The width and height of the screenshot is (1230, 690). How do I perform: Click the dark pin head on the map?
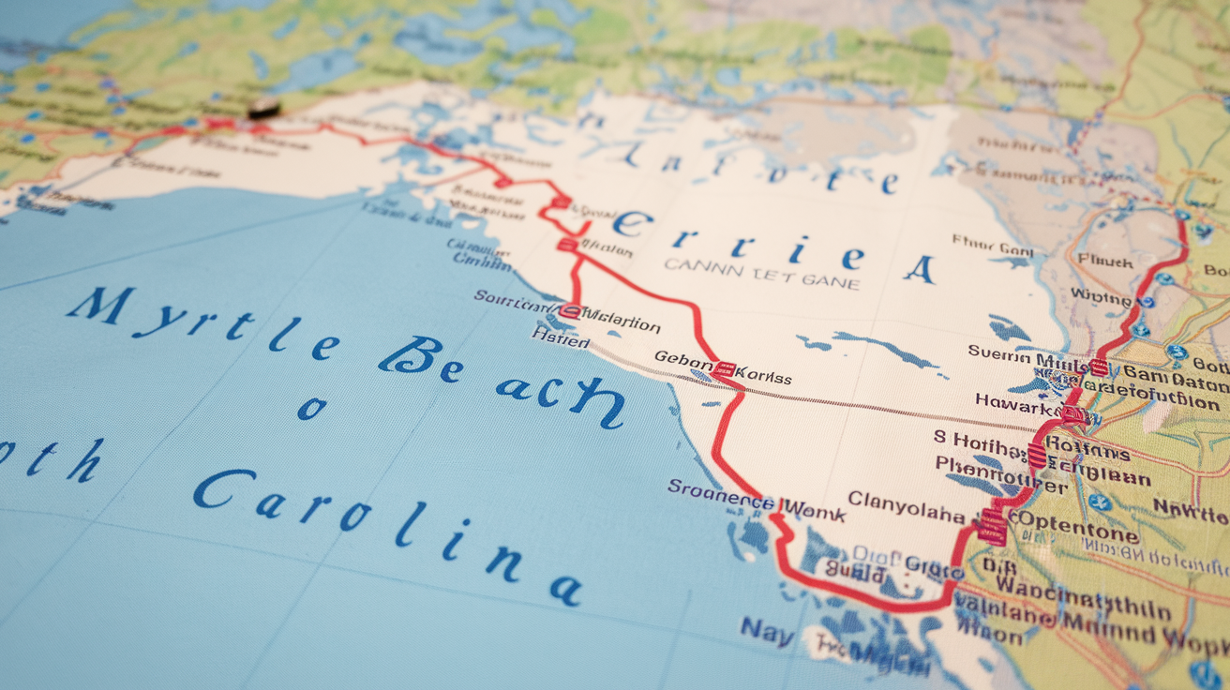click(x=263, y=109)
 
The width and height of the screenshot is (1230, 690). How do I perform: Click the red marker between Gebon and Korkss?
click(x=723, y=369)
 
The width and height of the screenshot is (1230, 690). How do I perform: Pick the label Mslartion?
click(x=621, y=325)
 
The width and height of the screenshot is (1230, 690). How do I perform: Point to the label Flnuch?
click(x=1104, y=262)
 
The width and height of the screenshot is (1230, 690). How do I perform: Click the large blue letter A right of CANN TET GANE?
click(x=919, y=269)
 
